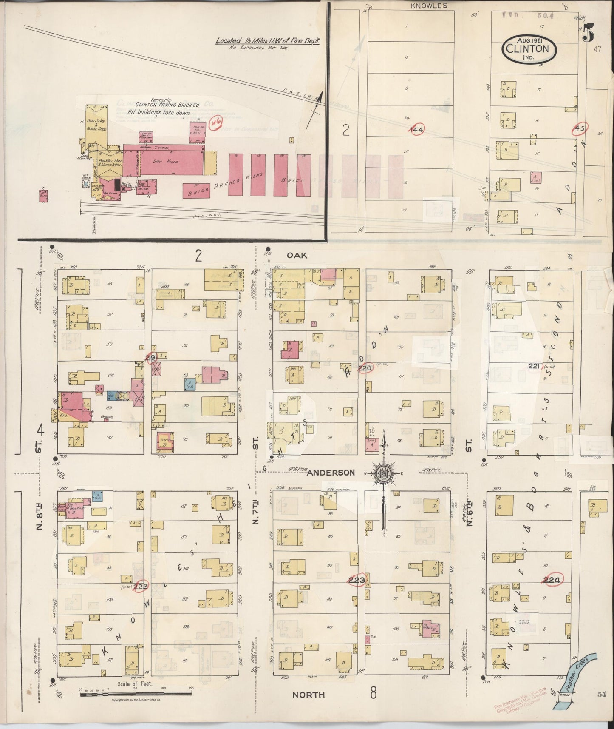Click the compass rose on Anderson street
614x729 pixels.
(383, 474)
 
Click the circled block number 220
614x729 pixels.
(364, 368)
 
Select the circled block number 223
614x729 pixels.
(356, 580)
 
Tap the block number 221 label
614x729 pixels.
(534, 365)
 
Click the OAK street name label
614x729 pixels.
(296, 255)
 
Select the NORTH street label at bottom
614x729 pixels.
(308, 695)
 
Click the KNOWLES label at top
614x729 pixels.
(429, 6)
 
